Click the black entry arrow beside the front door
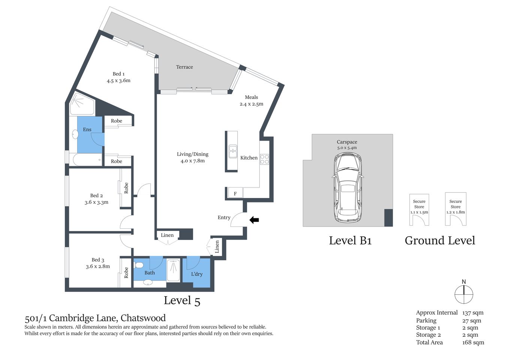(254, 220)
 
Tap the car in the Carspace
(348, 187)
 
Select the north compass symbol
(464, 294)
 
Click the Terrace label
(184, 67)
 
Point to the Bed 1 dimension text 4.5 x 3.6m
(118, 81)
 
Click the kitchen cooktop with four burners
(265, 159)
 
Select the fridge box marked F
(235, 193)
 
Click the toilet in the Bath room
(139, 265)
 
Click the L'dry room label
(197, 274)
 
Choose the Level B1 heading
(350, 241)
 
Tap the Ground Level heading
(440, 241)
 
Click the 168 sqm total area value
(473, 342)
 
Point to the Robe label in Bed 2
(126, 188)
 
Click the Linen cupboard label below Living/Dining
(167, 235)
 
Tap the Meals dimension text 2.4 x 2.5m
(252, 104)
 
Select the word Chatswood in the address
(143, 318)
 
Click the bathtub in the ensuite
(87, 159)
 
